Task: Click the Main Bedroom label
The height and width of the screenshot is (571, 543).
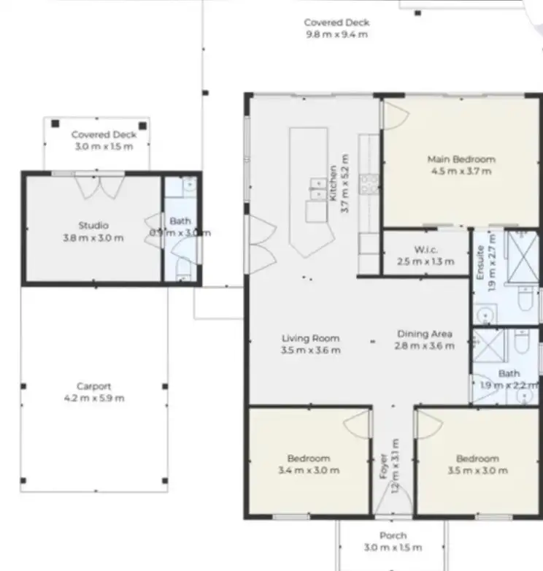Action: click(x=461, y=159)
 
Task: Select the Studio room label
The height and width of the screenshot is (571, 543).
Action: click(x=93, y=225)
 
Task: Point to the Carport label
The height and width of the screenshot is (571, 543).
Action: click(x=93, y=386)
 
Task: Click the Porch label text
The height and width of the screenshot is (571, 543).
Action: click(x=392, y=536)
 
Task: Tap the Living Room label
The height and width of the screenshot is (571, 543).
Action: click(x=311, y=338)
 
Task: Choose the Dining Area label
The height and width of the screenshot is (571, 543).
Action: click(x=425, y=334)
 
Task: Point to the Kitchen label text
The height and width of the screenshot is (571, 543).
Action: click(x=334, y=183)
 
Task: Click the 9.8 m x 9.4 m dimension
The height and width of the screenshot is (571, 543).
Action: click(x=336, y=34)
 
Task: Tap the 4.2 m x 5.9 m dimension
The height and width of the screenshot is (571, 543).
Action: click(x=93, y=398)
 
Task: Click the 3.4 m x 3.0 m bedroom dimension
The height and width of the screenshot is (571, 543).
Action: click(x=309, y=470)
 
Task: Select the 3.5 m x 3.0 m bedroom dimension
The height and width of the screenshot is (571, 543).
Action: click(x=477, y=470)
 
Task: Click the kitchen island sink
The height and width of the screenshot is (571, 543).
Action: click(x=317, y=188)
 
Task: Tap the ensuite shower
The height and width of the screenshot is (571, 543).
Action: click(x=520, y=253)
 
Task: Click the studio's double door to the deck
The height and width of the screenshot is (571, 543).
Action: click(x=101, y=187)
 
